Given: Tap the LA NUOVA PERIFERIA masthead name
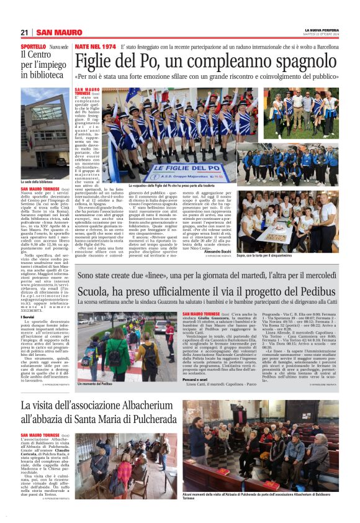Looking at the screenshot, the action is click(x=321, y=30).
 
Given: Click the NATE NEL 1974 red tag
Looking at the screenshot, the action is click(x=95, y=47).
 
